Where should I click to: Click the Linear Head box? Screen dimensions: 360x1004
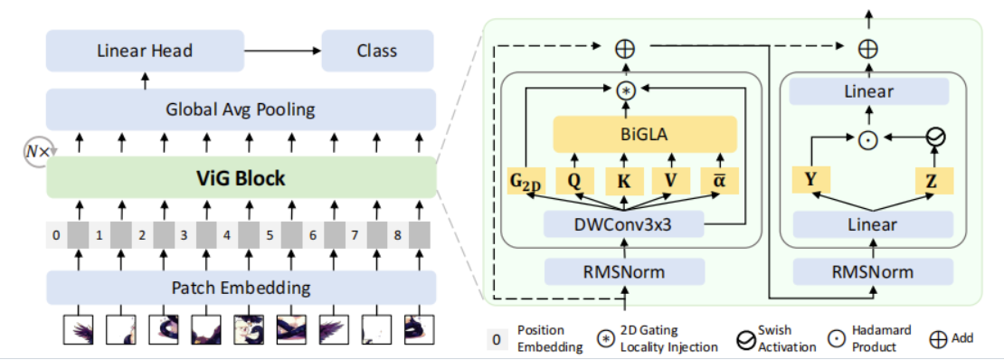click(x=145, y=51)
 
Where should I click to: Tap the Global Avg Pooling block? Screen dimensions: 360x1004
click(x=241, y=109)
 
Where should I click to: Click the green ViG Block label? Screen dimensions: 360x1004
click(x=241, y=178)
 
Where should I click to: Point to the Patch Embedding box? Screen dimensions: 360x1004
click(x=241, y=289)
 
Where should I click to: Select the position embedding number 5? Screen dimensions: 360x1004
click(x=269, y=236)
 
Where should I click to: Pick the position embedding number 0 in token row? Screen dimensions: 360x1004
click(x=56, y=236)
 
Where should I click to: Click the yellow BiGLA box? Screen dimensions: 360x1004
click(x=645, y=136)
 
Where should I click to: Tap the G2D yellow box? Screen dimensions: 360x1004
click(x=526, y=181)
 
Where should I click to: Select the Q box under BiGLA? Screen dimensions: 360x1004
click(x=573, y=181)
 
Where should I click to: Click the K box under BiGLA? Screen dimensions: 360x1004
click(x=623, y=181)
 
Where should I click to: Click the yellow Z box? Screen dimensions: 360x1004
click(x=931, y=181)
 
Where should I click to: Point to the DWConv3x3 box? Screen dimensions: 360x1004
click(x=623, y=224)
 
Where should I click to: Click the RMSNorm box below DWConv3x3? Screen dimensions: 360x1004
click(x=623, y=271)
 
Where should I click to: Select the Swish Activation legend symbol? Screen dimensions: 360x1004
click(x=746, y=339)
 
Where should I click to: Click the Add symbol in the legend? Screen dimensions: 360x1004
click(x=939, y=338)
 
